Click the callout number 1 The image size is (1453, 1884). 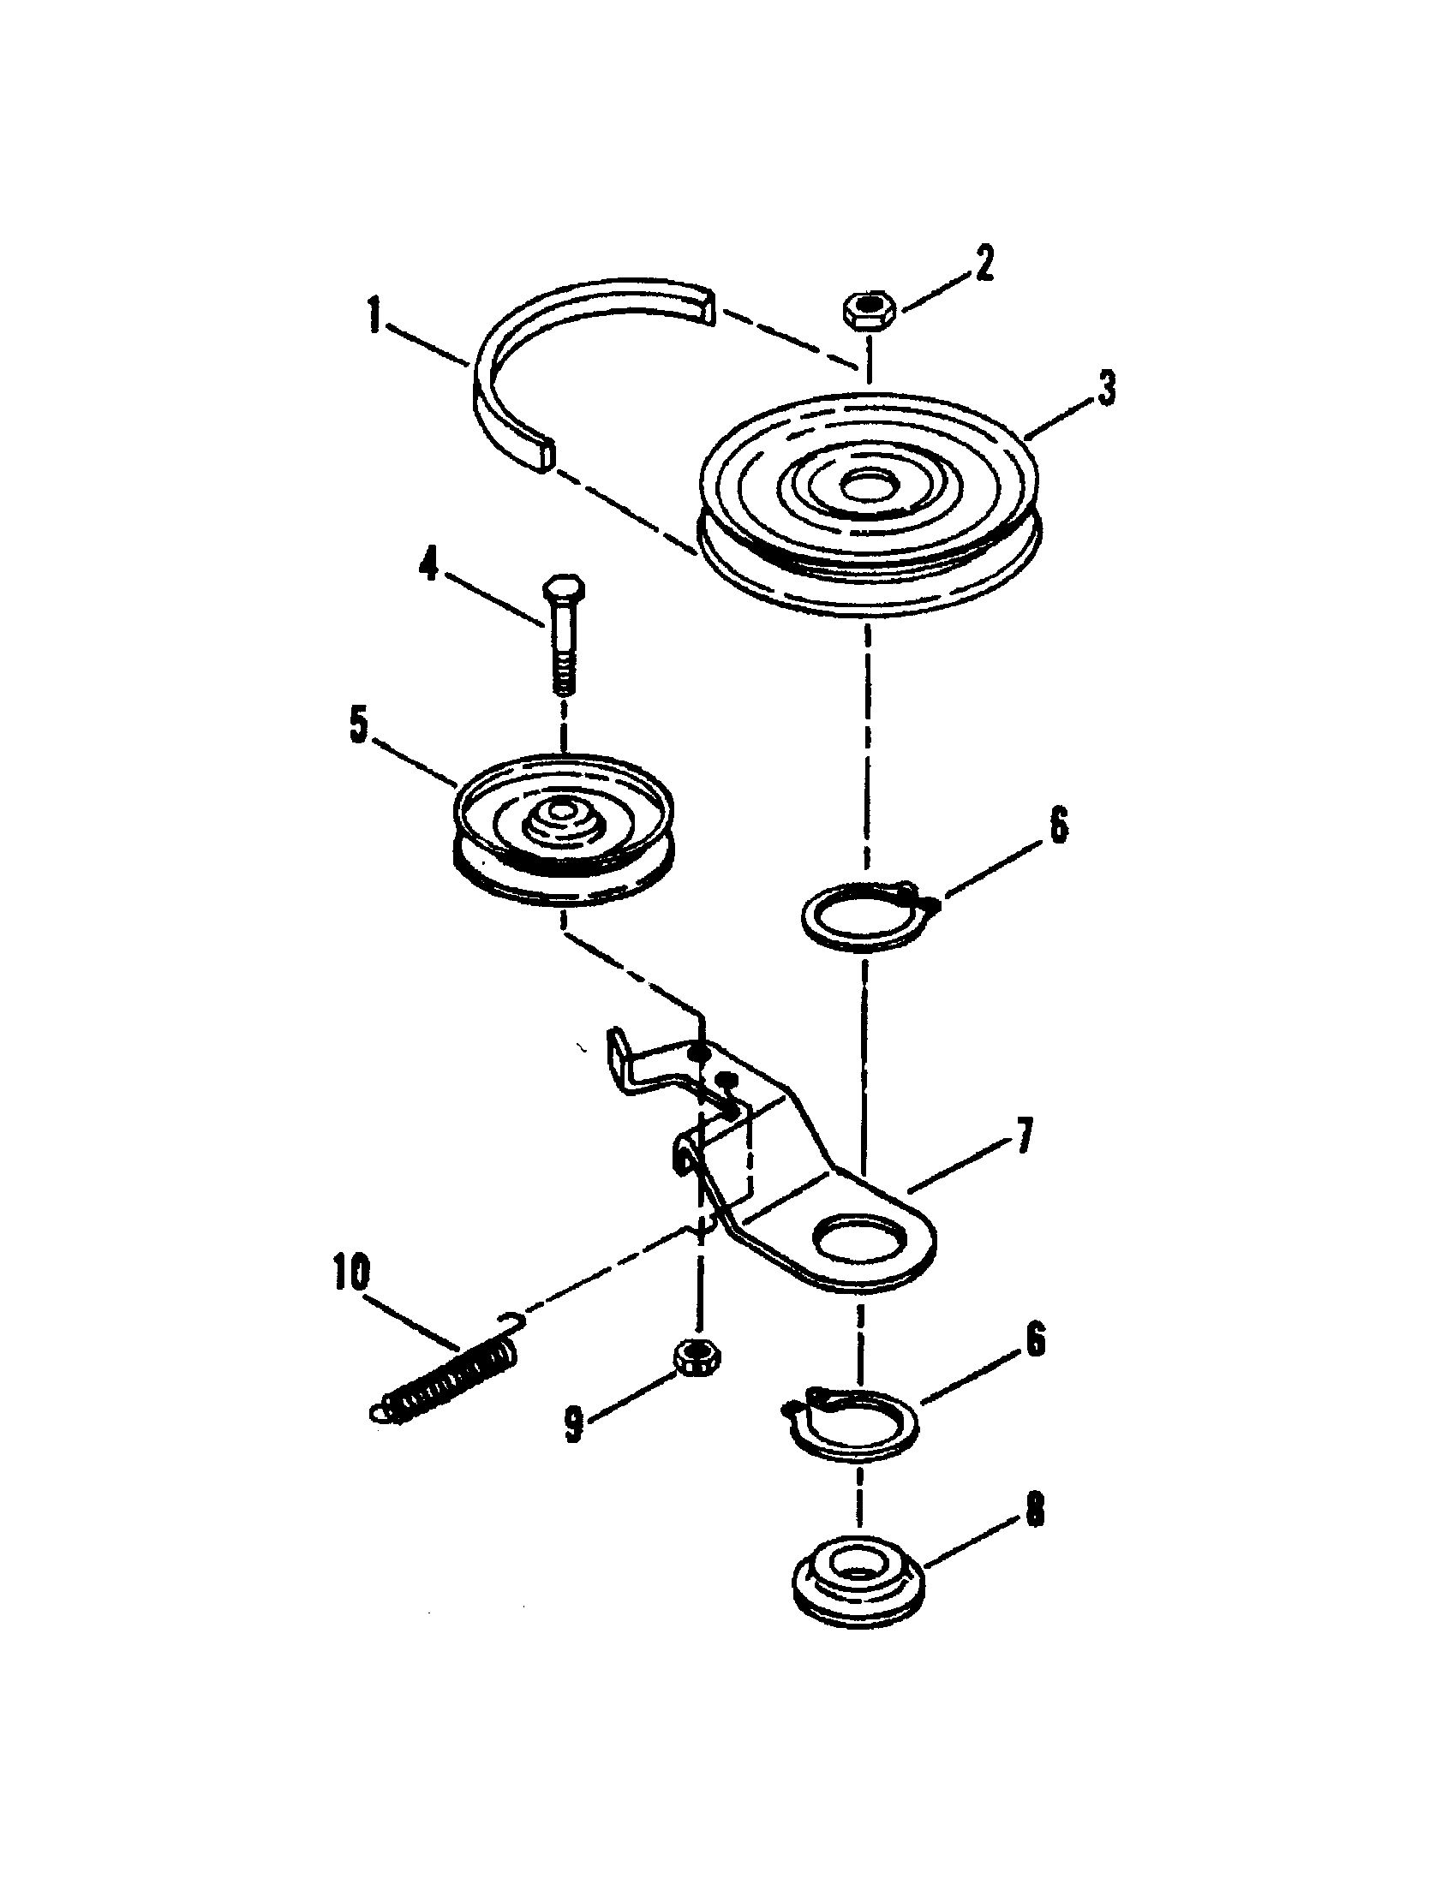374,317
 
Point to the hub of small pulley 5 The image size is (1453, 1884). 559,814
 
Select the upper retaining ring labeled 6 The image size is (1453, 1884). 861,916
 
